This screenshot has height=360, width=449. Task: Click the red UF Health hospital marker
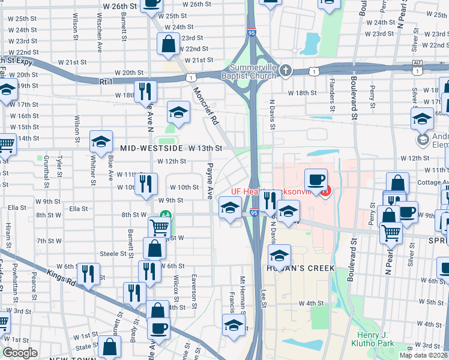(x=325, y=192)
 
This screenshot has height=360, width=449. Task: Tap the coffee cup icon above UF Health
(x=316, y=179)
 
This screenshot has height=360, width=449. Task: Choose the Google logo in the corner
(x=20, y=353)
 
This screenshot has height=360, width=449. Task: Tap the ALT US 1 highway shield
(x=417, y=63)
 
